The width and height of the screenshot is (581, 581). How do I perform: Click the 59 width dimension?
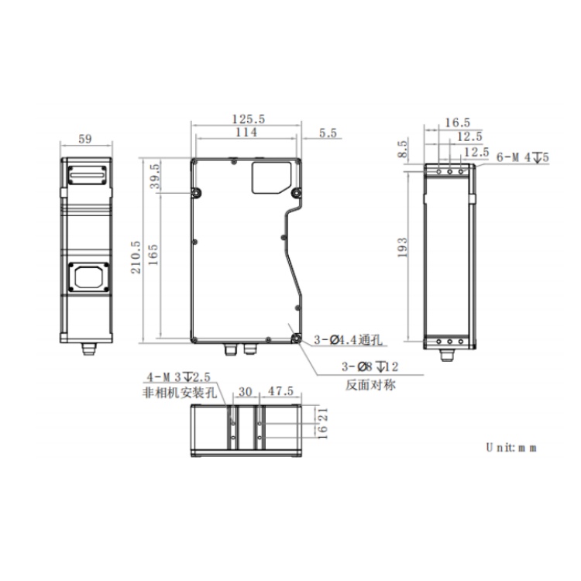click(x=85, y=139)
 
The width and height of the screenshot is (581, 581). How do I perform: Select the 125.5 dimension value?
click(x=248, y=119)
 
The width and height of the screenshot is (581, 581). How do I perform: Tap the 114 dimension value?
click(x=246, y=132)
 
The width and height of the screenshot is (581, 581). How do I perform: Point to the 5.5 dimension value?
click(x=328, y=133)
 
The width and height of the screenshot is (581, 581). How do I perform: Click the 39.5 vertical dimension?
click(x=155, y=177)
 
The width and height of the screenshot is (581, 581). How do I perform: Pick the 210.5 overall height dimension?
click(x=136, y=257)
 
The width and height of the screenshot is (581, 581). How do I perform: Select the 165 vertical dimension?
click(x=153, y=255)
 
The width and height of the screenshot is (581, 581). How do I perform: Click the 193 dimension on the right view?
click(x=402, y=248)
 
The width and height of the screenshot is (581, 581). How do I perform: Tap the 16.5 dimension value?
click(x=457, y=122)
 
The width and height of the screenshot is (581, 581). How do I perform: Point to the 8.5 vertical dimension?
click(x=402, y=149)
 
